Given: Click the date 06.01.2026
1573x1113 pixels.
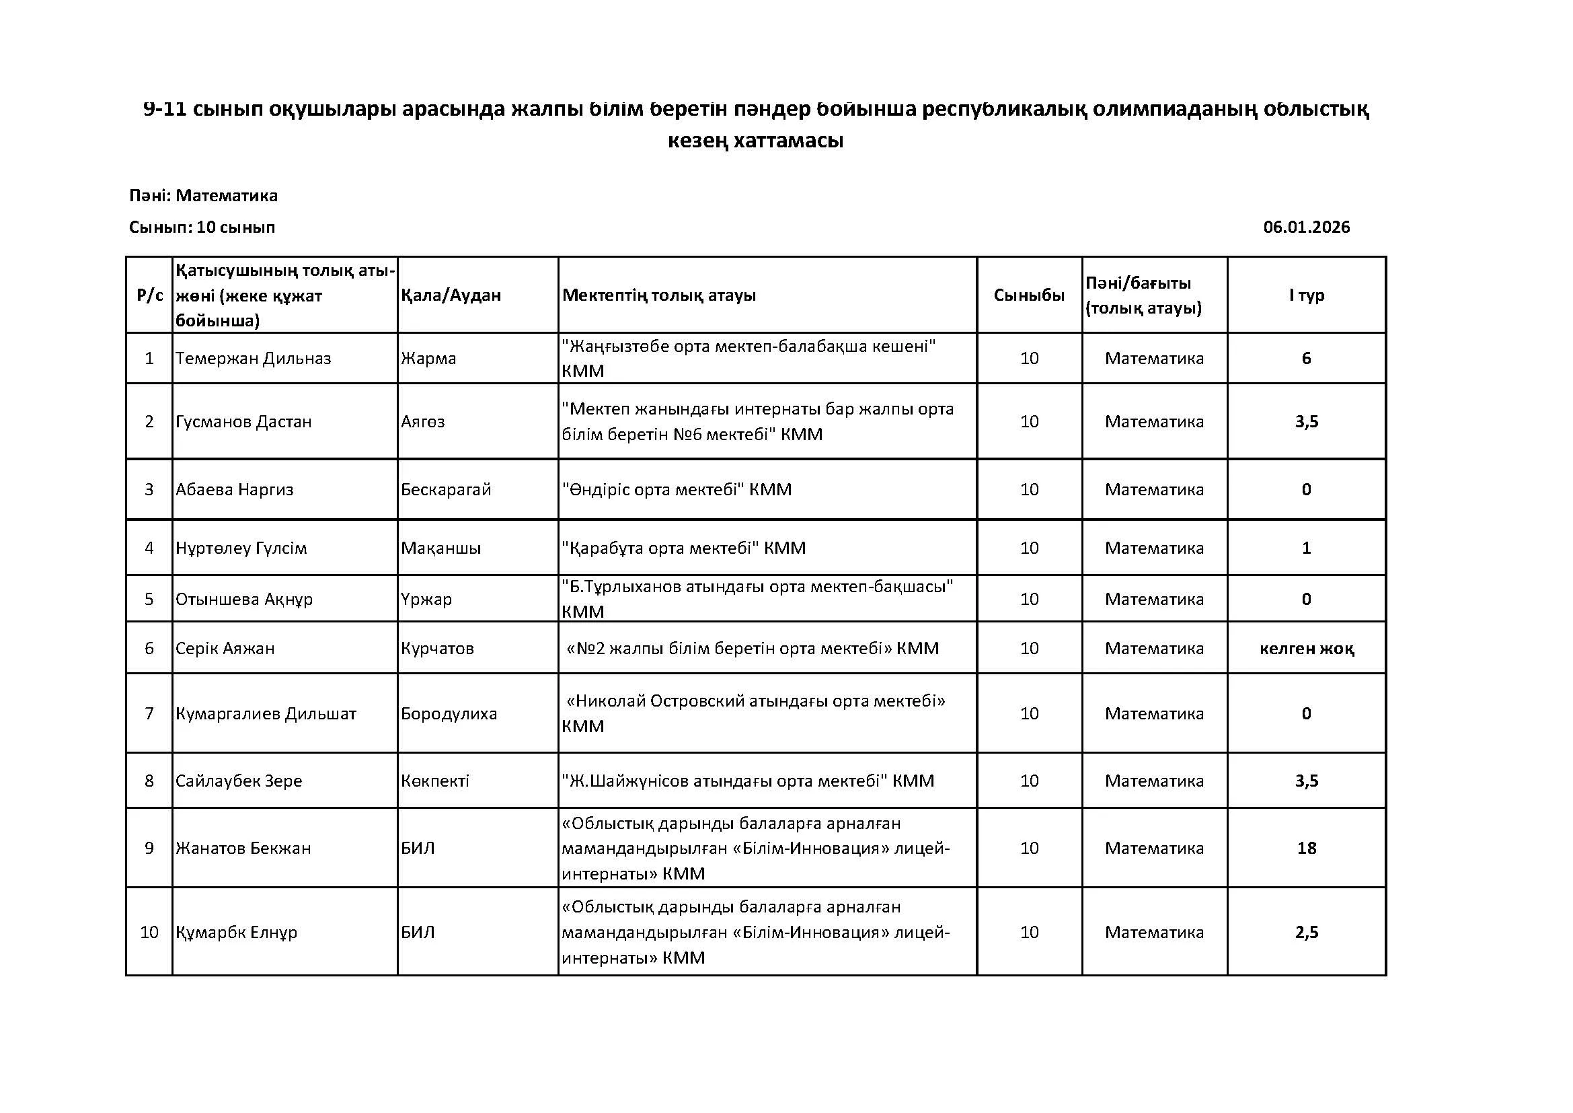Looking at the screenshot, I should point(1306,227).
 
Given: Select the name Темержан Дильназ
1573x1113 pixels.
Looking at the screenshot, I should point(253,359).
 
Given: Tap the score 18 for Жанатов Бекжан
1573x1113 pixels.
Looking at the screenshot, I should point(1306,848).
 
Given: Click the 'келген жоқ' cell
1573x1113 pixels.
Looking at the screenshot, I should point(1306,648).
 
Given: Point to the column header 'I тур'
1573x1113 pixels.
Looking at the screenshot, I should point(1306,295).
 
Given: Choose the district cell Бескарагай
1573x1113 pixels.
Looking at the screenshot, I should point(446,489).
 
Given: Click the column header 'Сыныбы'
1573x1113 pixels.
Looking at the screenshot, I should point(1029,295).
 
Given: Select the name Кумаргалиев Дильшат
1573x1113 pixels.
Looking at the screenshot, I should point(266,713).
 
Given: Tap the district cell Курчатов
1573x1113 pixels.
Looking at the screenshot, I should point(437,648).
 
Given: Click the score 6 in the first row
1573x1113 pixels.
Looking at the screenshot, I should point(1306,359).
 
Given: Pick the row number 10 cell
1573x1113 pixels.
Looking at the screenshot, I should point(149,932).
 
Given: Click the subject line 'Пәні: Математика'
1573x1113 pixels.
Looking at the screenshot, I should point(204,196).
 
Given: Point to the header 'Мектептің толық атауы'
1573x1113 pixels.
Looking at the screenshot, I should point(659,295).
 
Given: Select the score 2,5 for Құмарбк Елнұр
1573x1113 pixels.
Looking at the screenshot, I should point(1306,932).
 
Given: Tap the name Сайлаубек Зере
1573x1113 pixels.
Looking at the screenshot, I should point(239,781).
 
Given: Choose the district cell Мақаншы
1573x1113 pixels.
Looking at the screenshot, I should point(440,548).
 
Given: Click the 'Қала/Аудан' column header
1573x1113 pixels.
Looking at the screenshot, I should point(451,295).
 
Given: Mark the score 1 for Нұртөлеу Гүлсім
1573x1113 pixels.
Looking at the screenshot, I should point(1306,548).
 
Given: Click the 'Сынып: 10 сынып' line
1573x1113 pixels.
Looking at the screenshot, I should point(202,227).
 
